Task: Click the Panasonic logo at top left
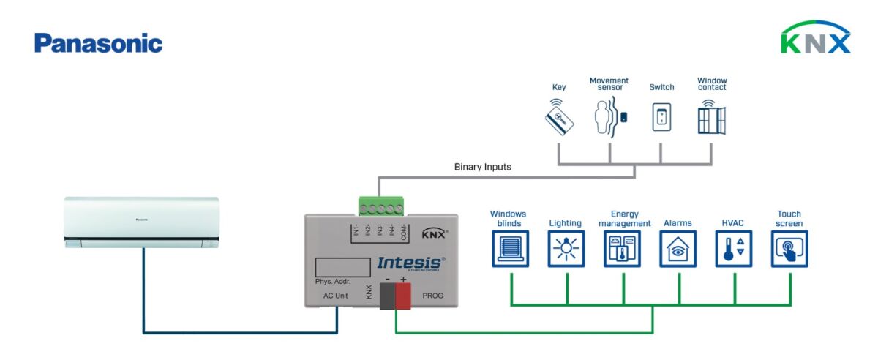pyautogui.click(x=98, y=43)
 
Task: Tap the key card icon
pyautogui.click(x=559, y=116)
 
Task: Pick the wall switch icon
pyautogui.click(x=661, y=117)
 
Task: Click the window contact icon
pyautogui.click(x=711, y=117)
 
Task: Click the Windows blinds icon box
pyautogui.click(x=509, y=249)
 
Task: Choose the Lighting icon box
pyautogui.click(x=566, y=249)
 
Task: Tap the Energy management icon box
pyautogui.click(x=622, y=249)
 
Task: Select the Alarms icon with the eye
pyautogui.click(x=678, y=249)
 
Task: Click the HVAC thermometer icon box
pyautogui.click(x=734, y=249)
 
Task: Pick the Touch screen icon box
pyautogui.click(x=790, y=249)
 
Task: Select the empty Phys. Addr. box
pyautogui.click(x=342, y=266)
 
